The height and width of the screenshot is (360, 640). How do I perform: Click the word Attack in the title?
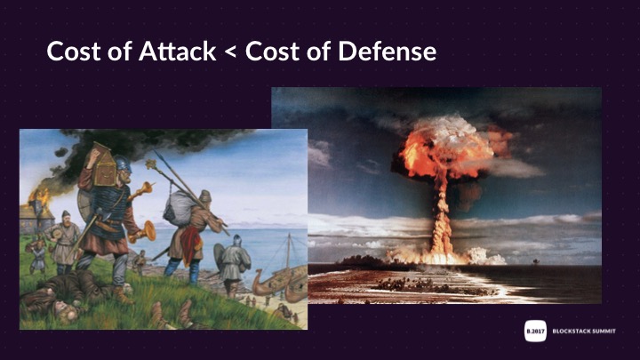coord(177,51)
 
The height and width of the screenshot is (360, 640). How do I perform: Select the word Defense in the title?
coord(388,51)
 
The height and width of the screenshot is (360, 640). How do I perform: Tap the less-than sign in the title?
coord(230,52)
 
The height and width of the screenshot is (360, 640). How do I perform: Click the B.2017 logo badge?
coord(535,331)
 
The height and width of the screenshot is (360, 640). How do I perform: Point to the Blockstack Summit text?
coord(584,331)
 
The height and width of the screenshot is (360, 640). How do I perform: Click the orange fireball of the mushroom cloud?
coord(447,149)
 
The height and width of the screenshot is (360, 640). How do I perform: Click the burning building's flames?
coord(40,197)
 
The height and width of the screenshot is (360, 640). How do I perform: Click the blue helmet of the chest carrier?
coord(123,164)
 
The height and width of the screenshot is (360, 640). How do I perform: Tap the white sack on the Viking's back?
coord(179,209)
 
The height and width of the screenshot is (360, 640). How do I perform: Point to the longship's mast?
coord(288,251)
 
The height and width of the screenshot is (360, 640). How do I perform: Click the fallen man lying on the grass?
coord(61,293)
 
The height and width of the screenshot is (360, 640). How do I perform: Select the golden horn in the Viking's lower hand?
coord(143,232)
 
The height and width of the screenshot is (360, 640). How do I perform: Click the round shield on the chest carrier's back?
coord(84,205)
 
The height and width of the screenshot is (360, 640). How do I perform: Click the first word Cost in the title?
coord(74,51)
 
